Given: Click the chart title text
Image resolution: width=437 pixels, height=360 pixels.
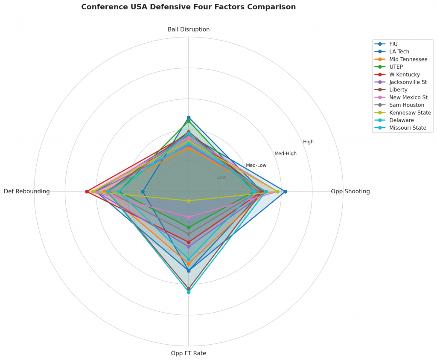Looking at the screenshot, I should (188, 7).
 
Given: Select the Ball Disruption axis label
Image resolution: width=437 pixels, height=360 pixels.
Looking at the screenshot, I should (189, 29).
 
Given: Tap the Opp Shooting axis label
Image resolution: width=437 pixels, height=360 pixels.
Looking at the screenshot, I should (350, 192).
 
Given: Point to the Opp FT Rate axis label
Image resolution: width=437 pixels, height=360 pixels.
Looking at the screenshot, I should (189, 353).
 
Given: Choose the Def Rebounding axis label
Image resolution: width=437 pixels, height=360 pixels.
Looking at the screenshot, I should (27, 192).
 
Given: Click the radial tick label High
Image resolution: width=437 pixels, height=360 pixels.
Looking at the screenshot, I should (309, 142).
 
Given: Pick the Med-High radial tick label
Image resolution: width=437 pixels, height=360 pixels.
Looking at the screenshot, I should (286, 154).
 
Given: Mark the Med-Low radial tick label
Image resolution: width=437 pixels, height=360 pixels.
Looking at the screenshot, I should (256, 165).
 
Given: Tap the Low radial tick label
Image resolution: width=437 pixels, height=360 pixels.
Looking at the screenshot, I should (222, 177).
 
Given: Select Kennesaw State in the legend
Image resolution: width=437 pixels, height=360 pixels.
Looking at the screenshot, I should (410, 113).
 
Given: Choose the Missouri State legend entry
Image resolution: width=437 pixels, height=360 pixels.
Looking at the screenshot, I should (408, 128).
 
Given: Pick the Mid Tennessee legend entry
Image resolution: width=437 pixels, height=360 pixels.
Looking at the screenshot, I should (408, 59).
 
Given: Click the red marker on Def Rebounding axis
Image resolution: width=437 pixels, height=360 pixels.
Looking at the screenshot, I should (87, 192).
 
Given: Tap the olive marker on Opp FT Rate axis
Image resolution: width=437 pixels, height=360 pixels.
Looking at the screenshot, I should (189, 201).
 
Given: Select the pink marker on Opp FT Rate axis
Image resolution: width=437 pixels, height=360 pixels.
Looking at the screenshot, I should (189, 217).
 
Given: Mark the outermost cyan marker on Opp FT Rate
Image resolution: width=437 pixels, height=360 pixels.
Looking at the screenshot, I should (189, 292).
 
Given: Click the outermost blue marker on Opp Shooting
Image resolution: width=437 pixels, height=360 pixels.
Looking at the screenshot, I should (286, 192).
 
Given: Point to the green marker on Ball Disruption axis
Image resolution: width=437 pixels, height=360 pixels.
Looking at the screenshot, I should (189, 121).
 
